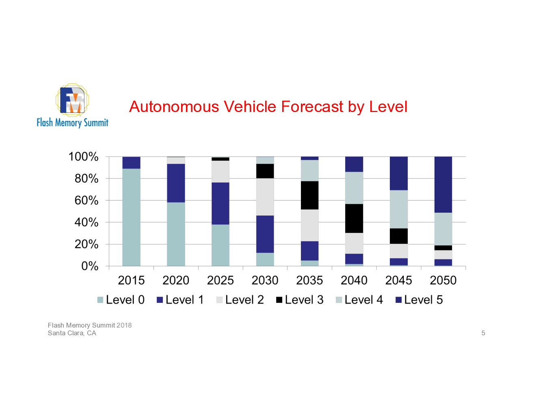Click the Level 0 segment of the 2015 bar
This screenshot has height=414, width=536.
tap(131, 217)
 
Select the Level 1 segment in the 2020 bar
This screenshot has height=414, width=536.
tap(176, 183)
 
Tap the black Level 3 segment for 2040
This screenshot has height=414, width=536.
tap(354, 218)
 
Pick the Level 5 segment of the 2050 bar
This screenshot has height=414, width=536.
tap(443, 185)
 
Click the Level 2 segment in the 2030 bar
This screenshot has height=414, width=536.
tap(265, 197)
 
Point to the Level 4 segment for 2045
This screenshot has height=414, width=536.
tap(399, 209)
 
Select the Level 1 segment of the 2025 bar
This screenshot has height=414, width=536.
tap(220, 203)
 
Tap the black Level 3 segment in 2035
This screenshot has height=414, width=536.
tap(309, 195)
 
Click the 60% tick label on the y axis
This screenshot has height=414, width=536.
tap(86, 200)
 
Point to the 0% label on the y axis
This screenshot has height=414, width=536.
tap(90, 266)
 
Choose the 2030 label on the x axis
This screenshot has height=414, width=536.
tap(265, 280)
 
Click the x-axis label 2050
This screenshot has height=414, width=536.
tap(443, 280)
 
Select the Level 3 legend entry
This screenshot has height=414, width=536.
tap(300, 300)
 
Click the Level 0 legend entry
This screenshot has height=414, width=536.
tap(121, 300)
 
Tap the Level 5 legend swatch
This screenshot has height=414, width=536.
tap(398, 300)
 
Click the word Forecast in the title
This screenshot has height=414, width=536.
tap(312, 107)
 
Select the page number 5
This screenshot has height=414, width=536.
tap(483, 333)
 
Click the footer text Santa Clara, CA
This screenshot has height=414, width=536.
tap(72, 333)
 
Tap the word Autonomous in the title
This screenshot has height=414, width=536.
tap(174, 107)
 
